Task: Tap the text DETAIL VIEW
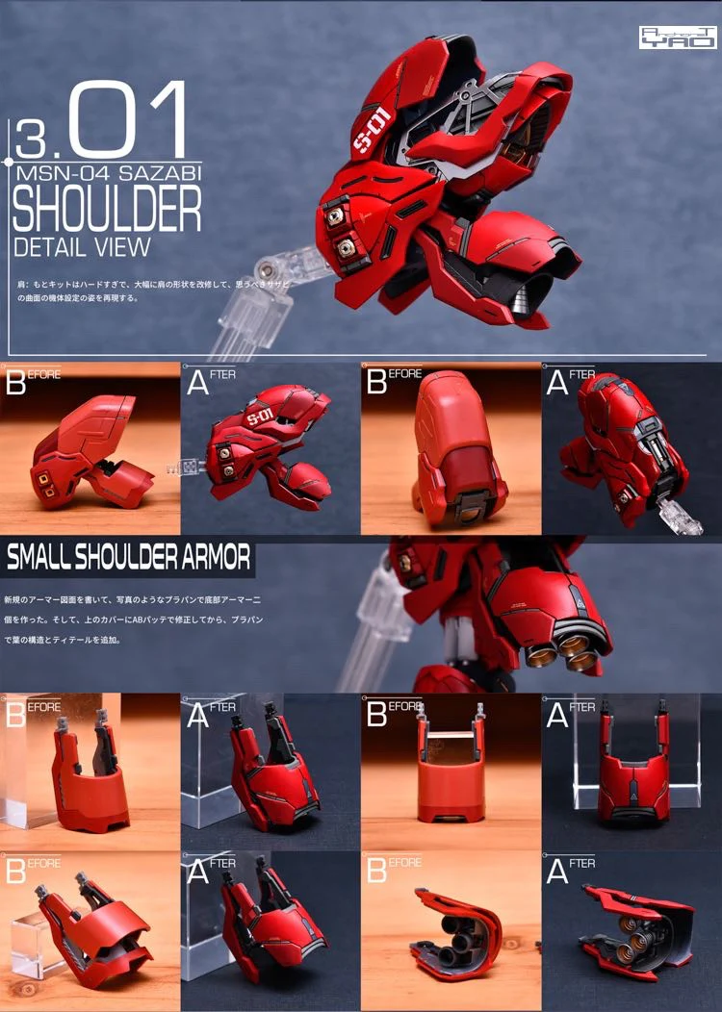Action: pyautogui.click(x=82, y=245)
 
